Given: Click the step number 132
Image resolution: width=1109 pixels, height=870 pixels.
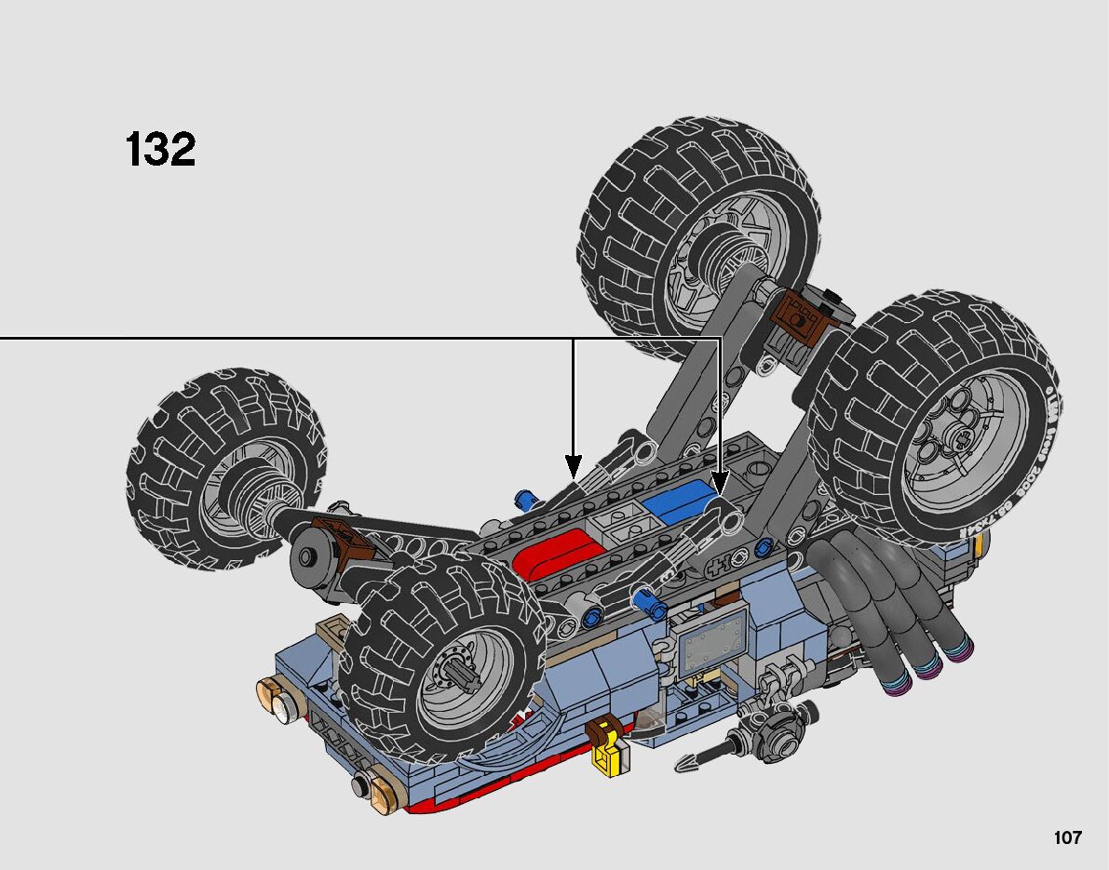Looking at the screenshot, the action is click(x=160, y=150).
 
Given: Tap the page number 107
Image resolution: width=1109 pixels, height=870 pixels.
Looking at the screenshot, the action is click(x=1068, y=838).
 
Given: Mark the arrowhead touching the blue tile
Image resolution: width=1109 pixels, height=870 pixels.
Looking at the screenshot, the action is click(x=719, y=482).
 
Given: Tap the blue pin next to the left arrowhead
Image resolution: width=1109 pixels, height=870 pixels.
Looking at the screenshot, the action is click(x=528, y=501).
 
